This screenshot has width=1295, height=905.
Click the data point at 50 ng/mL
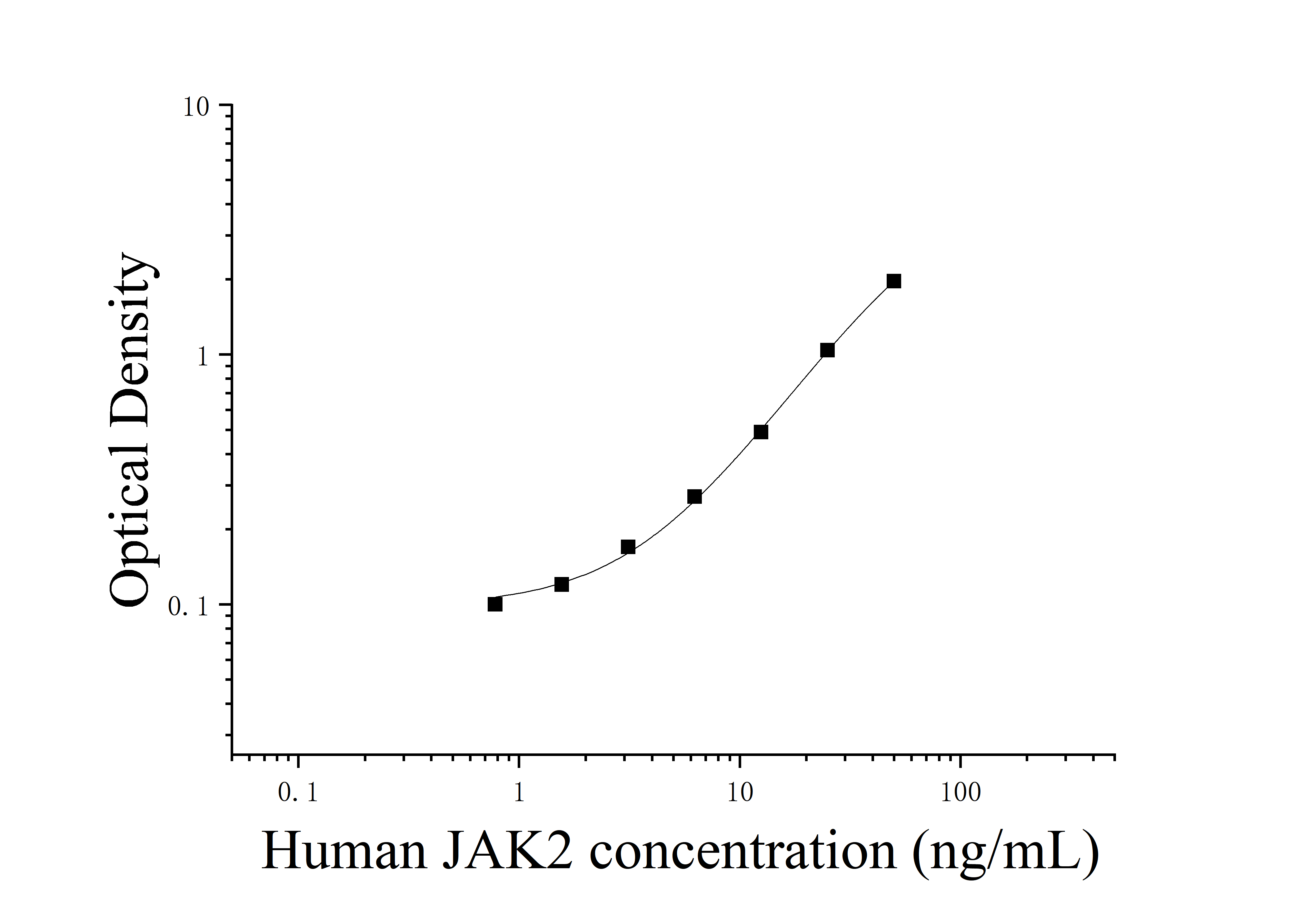coord(893,281)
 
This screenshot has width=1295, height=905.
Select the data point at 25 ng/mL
coord(827,350)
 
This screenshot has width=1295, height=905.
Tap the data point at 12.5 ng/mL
coord(760,432)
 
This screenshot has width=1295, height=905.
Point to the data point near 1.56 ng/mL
coord(561,584)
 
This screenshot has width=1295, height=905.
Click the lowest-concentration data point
coord(495,604)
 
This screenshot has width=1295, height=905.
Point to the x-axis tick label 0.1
coord(298,793)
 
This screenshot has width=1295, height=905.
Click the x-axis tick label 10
coord(740,793)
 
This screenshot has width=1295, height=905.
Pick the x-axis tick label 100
coord(961,793)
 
